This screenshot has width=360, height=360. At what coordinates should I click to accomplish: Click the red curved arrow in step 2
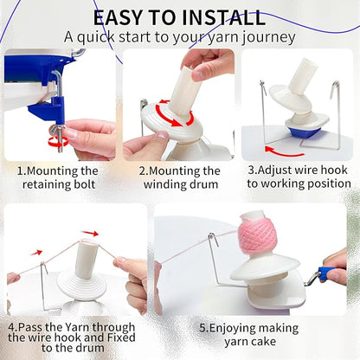pos(177,120)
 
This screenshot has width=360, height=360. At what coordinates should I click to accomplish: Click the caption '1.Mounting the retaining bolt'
pos(59,177)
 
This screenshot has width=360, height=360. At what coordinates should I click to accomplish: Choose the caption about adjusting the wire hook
pos(299,177)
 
